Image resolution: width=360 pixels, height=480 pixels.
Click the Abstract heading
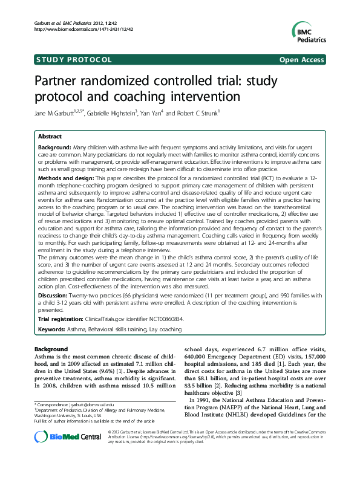point(50,137)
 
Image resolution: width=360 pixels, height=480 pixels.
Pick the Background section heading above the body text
point(51,349)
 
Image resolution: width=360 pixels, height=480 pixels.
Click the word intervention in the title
point(209,97)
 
